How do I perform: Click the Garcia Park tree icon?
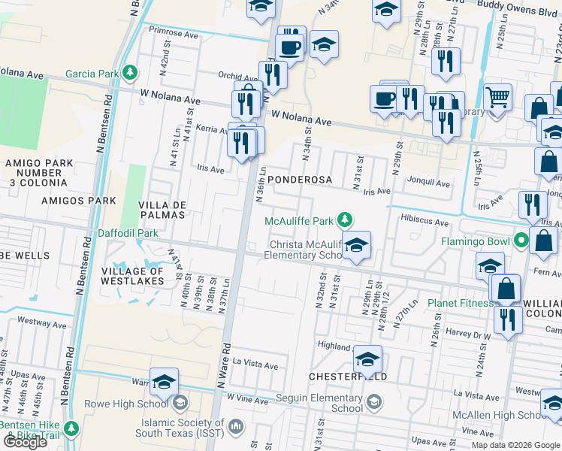(x=131, y=72)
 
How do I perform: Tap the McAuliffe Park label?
(x=299, y=221)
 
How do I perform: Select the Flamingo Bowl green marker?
(x=521, y=242)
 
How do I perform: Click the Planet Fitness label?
(x=460, y=304)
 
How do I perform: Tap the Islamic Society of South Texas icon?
(x=236, y=427)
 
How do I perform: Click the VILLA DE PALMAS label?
(x=162, y=210)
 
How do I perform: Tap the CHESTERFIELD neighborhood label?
(x=348, y=376)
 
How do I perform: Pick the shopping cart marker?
(x=497, y=97)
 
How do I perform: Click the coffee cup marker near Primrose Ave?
(x=289, y=47)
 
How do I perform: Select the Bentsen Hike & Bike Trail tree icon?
(x=71, y=427)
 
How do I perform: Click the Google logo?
(x=25, y=442)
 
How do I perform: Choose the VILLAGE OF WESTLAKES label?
(x=132, y=276)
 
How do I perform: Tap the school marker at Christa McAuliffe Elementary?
(x=356, y=244)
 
